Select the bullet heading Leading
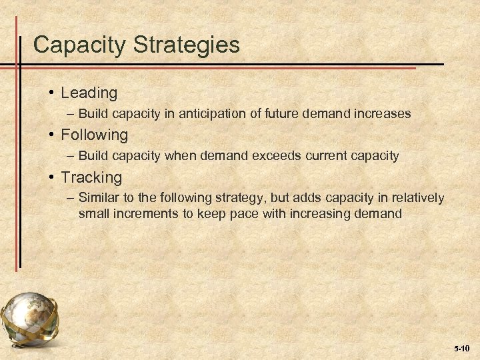tap(89, 93)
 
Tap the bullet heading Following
tap(94, 135)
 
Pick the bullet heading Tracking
tap(91, 177)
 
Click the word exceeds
tap(276, 156)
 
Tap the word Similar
tap(99, 198)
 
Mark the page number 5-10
tap(462, 349)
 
